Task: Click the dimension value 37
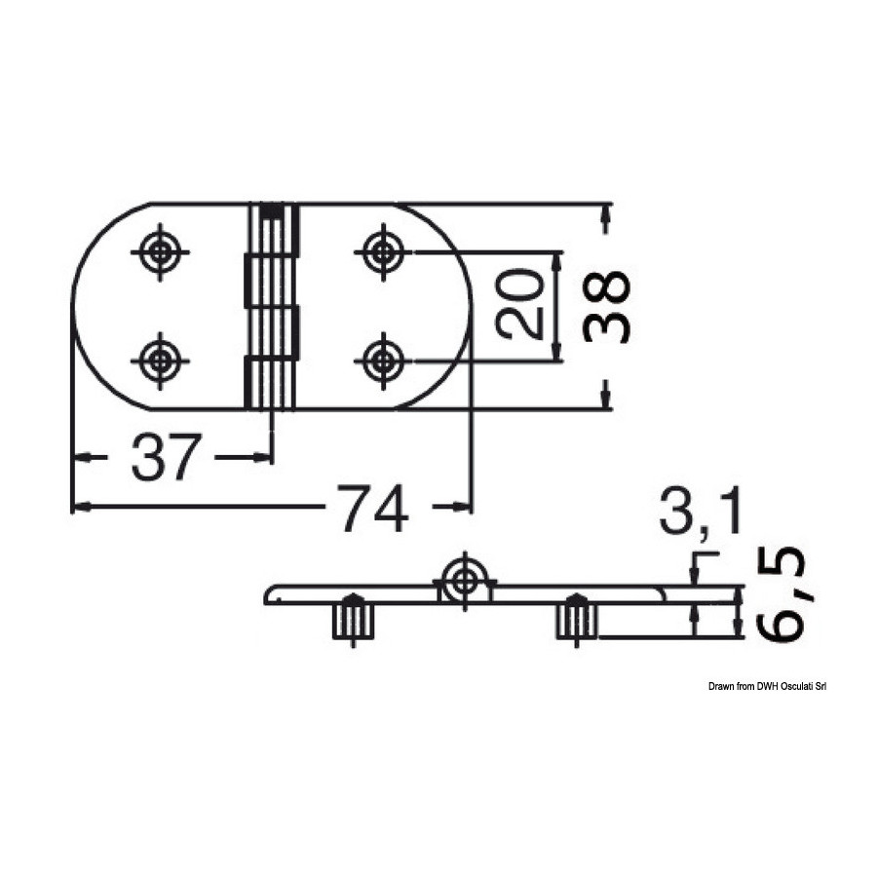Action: (166, 457)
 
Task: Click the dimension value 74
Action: (372, 507)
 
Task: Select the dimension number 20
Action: (519, 304)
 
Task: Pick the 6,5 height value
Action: (781, 594)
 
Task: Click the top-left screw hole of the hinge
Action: (161, 252)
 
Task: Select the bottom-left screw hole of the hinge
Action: (161, 361)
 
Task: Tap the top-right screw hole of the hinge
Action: (383, 252)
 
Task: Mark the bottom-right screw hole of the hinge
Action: (383, 361)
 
